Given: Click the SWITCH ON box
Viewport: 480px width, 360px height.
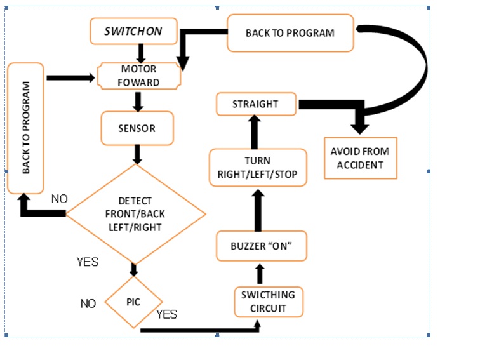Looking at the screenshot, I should tap(133, 31).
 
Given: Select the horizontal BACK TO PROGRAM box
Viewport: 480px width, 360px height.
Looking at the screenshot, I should tap(290, 32).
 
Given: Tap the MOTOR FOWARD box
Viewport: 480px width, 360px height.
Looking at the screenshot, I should tap(139, 76).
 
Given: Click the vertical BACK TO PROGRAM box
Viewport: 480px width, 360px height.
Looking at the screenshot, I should tap(25, 128).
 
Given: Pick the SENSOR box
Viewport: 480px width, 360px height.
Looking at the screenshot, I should tap(137, 128).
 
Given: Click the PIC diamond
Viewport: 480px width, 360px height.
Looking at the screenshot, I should tap(133, 302).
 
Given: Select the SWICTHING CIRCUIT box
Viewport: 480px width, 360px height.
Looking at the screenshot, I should tap(269, 302).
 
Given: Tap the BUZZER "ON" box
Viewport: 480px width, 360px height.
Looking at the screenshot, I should tap(261, 246).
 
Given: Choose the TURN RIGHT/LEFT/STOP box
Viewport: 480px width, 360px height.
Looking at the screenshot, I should tap(258, 168).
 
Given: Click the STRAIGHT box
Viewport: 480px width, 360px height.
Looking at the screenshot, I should tap(256, 104).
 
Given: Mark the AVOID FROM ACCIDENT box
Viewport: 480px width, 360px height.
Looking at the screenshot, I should tap(360, 157).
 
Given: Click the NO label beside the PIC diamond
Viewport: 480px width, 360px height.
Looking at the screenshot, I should tap(88, 303).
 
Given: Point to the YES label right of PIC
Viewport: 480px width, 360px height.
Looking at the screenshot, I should tap(166, 314).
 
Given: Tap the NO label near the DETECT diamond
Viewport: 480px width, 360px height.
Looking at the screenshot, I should tap(59, 199).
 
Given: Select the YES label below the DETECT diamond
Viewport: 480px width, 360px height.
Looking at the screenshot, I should tap(88, 261).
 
